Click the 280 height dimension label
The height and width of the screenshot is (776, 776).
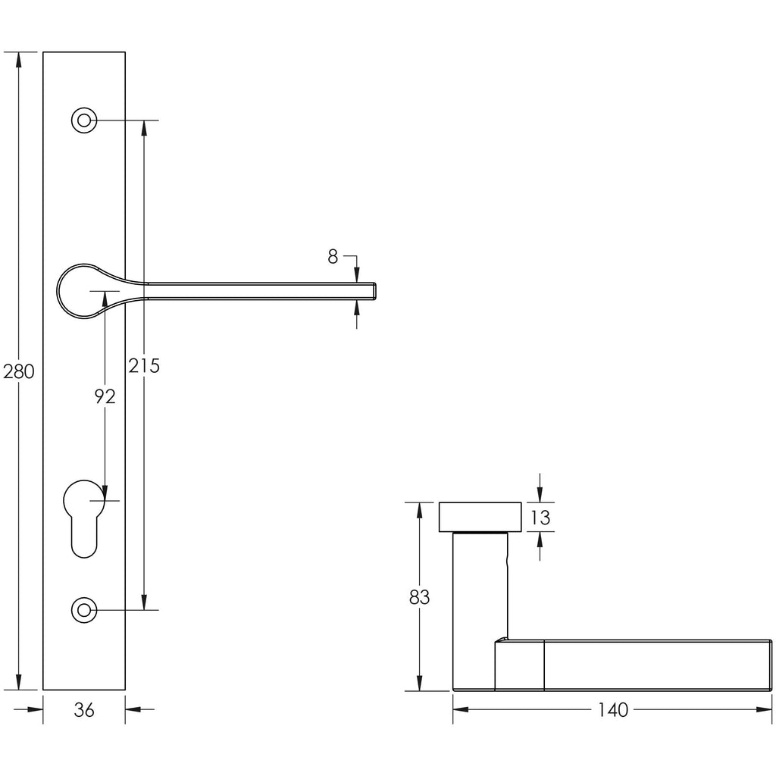tap(19, 371)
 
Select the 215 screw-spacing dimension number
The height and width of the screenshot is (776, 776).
tap(144, 365)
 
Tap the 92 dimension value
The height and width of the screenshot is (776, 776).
tap(105, 396)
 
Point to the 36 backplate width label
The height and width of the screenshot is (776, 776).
tap(83, 710)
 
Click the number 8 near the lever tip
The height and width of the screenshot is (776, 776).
tap(333, 256)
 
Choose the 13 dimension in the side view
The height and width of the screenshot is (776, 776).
tap(540, 518)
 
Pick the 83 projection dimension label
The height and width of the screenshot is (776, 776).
tap(419, 597)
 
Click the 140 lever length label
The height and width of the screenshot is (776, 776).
tap(612, 709)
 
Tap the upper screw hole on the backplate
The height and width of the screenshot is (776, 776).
tap(84, 120)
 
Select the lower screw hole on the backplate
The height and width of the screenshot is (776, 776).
tap(84, 610)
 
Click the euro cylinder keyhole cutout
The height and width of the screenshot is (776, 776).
tap(84, 518)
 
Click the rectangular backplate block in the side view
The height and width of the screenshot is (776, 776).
tap(480, 517)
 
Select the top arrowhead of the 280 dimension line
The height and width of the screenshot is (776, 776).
tap(19, 59)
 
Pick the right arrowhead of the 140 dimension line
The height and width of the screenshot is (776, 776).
tap(764, 709)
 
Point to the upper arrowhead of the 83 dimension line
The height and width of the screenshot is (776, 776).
tap(419, 510)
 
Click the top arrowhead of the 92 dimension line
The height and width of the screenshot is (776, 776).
tap(105, 299)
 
